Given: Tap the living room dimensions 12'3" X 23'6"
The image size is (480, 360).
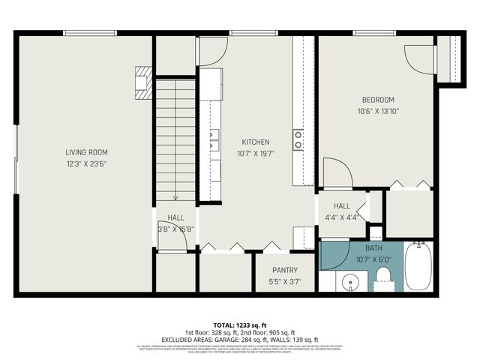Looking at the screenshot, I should coord(86,163).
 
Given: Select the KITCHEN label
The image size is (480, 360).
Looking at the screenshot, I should coord(255,142).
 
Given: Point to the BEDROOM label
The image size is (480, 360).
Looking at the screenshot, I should coord(378,100).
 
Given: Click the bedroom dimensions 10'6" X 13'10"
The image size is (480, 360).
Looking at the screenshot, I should coord(378,111).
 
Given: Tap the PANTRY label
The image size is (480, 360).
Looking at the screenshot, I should coord(284,271).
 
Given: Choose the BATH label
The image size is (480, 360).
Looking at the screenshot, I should coord(373,248).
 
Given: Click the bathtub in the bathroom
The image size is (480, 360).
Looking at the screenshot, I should coord(418,268).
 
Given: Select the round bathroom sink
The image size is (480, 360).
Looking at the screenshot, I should coord(350,283).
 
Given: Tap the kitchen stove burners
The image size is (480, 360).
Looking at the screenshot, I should coord(298,139).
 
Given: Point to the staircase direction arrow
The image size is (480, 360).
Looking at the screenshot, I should coord(175,196).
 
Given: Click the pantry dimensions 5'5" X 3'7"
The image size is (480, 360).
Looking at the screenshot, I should coord(284,282).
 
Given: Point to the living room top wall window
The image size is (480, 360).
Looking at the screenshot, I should coord(90,32).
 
